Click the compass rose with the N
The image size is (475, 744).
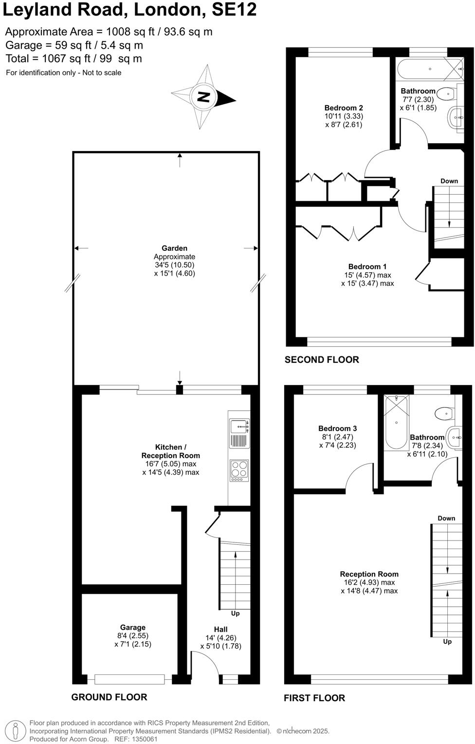pos(204,97)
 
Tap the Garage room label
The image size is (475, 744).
pos(133,628)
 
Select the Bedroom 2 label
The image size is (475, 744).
pos(344,108)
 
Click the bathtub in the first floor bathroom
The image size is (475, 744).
pos(396,422)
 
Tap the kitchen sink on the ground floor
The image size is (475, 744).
pos(239,427)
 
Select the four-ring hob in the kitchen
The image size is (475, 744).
pos(239,468)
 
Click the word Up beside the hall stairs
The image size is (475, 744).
pos(235,614)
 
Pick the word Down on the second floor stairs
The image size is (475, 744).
pos(449,181)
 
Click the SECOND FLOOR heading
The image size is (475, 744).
pos(322,360)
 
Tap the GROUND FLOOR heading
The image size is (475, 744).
pos(109,697)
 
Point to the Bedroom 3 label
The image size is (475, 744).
pos(337,428)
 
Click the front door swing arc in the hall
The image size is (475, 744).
pos(203,657)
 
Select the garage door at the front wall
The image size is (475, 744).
pos(129,679)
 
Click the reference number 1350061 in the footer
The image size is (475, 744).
pos(143,739)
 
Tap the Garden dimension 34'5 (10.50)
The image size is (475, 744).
pos(174,265)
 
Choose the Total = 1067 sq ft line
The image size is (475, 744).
pos(74,59)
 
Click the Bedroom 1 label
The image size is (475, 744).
pos(367,266)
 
